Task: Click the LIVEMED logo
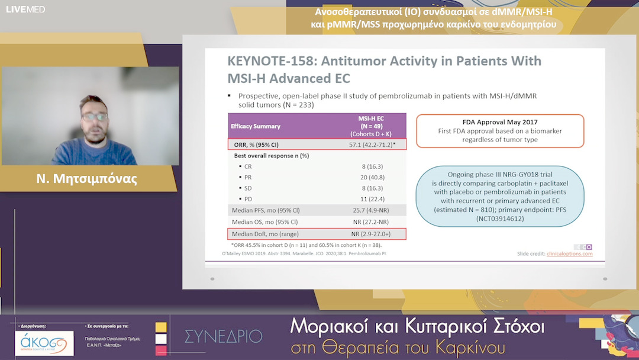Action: point(25,9)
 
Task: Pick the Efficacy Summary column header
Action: point(256,126)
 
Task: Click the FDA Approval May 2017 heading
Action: point(500,122)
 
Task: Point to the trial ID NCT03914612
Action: point(500,218)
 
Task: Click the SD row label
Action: point(248,188)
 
